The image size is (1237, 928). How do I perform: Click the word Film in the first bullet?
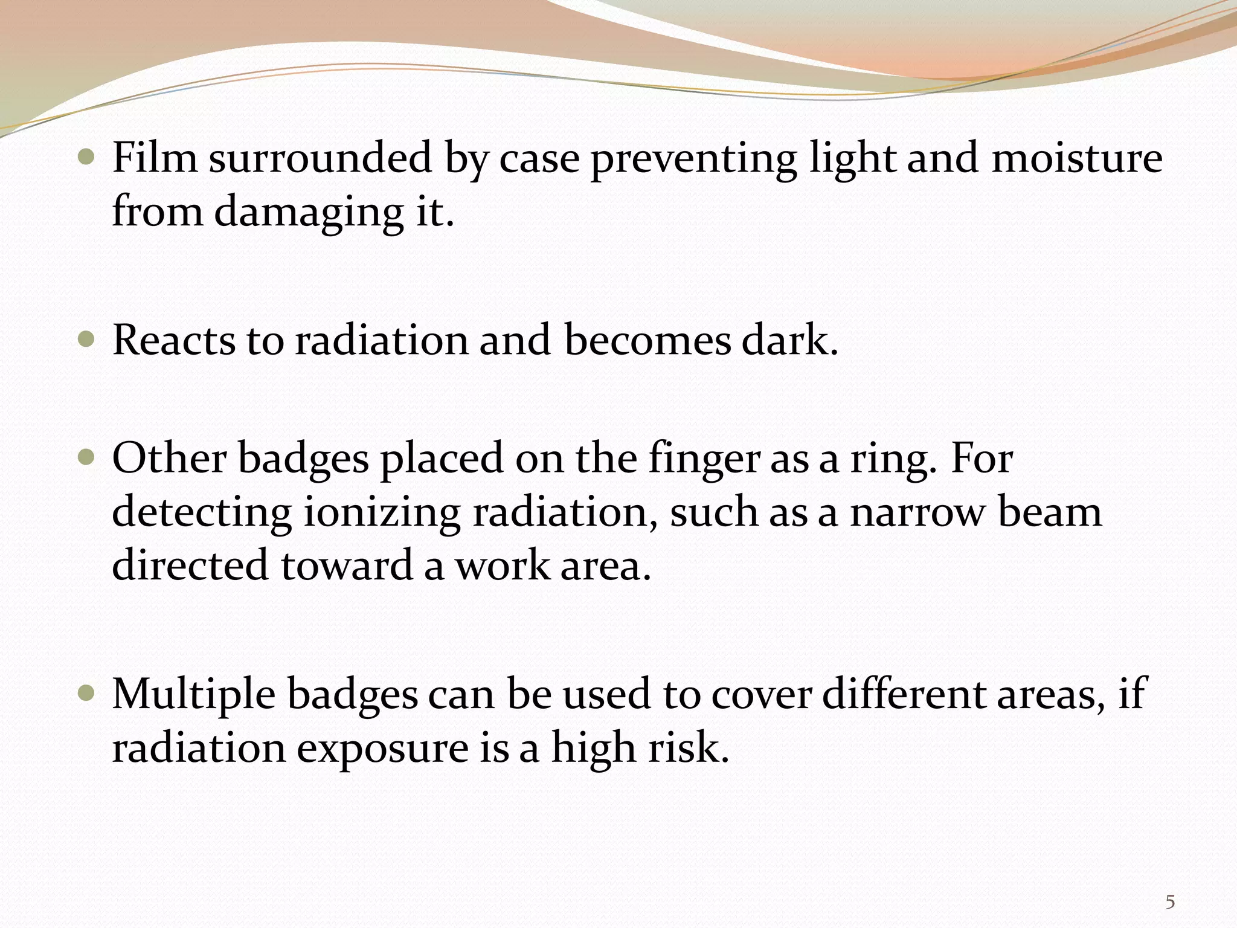(x=155, y=158)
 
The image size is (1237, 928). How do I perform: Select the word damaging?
(x=309, y=212)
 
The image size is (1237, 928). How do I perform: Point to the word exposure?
(x=382, y=749)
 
